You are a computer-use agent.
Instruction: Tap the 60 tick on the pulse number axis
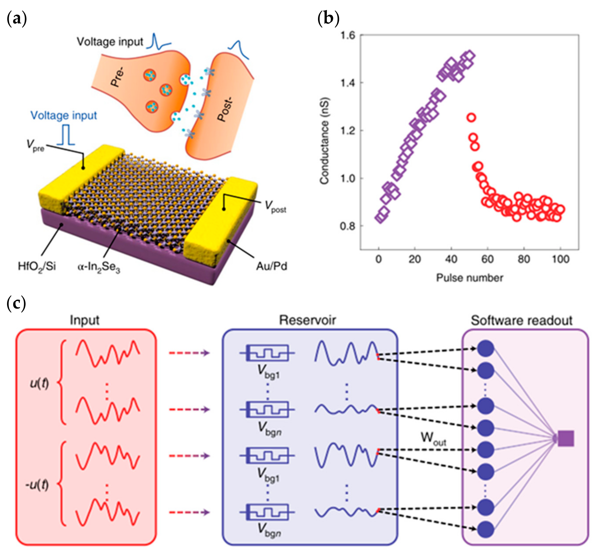pyautogui.click(x=487, y=259)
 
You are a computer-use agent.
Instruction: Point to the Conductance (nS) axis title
pyautogui.click(x=324, y=141)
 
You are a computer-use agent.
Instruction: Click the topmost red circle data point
pyautogui.click(x=471, y=118)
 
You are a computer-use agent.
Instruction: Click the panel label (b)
pyautogui.click(x=328, y=19)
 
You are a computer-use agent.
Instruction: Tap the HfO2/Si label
pyautogui.click(x=37, y=266)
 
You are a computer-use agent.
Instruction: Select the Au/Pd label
pyautogui.click(x=271, y=266)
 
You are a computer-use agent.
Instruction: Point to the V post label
pyautogui.click(x=275, y=207)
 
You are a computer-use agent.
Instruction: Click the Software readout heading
pyautogui.click(x=522, y=320)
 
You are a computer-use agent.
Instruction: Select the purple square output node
pyautogui.click(x=566, y=439)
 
